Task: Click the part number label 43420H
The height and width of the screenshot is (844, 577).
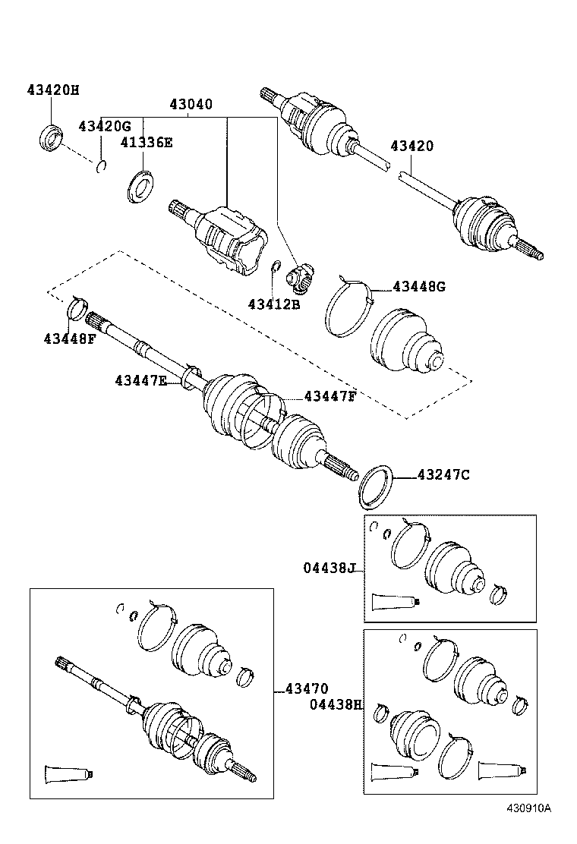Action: pos(52,90)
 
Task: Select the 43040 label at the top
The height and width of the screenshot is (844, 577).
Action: pos(191,105)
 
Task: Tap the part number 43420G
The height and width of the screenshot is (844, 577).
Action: pos(105,125)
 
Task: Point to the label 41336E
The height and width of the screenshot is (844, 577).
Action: pos(146,142)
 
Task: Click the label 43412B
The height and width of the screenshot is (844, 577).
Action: pos(274,304)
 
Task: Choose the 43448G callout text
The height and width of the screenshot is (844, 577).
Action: pos(419,286)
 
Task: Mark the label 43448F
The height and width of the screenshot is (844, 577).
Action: pos(69,338)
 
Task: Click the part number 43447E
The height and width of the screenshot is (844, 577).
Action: pos(140,380)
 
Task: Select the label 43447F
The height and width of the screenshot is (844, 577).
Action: pos(330,395)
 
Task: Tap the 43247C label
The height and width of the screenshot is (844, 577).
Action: pos(443,475)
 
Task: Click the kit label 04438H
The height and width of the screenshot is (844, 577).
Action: pos(335,704)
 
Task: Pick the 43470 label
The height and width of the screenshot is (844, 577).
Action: pos(307,689)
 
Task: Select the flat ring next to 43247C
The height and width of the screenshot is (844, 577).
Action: pos(375,487)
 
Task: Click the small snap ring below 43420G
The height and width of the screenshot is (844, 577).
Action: pos(102,166)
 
